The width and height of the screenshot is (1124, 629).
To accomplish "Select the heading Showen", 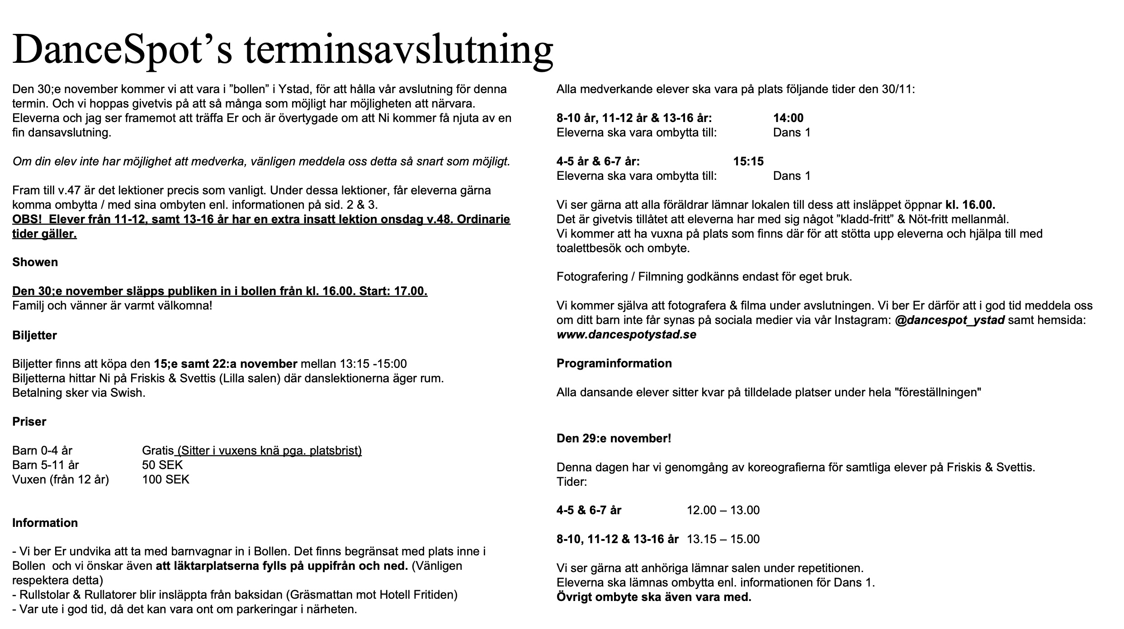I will click(x=35, y=263).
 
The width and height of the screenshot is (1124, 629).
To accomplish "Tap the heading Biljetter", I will click(x=34, y=335).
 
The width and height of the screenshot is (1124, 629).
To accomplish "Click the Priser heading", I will click(x=29, y=422).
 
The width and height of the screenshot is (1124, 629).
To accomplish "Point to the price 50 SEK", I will click(x=162, y=465).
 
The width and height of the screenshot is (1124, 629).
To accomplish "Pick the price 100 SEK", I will click(x=165, y=479).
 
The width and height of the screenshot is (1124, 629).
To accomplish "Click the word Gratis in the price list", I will click(x=158, y=451).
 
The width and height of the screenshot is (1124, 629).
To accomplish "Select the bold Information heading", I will click(x=45, y=523).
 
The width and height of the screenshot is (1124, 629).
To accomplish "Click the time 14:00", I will click(x=788, y=118).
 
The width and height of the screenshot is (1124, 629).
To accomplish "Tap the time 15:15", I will click(x=748, y=161).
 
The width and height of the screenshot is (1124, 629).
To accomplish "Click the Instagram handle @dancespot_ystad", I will click(x=949, y=320).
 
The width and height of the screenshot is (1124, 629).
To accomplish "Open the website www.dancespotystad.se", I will click(x=626, y=335).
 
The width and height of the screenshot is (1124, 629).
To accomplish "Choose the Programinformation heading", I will click(x=614, y=364).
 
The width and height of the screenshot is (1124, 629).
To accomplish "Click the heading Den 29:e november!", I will click(x=614, y=438).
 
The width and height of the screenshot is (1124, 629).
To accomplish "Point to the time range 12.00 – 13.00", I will click(x=723, y=511).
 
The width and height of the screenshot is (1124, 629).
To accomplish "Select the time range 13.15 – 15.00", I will click(x=723, y=539).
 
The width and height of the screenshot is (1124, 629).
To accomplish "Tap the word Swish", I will click(x=128, y=393).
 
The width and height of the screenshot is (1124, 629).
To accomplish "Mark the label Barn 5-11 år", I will click(x=45, y=465).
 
